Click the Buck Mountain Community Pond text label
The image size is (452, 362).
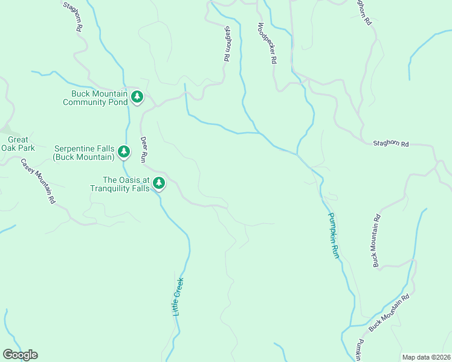click(x=99, y=98)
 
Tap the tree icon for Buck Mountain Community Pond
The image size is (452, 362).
click(x=137, y=97)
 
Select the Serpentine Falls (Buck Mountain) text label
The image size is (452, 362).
click(x=84, y=153)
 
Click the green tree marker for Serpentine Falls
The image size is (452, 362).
click(x=124, y=151)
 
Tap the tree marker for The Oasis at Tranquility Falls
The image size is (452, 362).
click(x=159, y=182)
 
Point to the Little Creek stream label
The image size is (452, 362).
click(x=178, y=296)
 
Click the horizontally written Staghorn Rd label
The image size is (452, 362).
click(x=391, y=144)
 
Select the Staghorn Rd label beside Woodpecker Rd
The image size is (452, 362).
click(x=227, y=43)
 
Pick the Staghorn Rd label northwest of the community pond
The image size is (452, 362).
click(x=72, y=16)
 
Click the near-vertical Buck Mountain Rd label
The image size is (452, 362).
click(x=376, y=241)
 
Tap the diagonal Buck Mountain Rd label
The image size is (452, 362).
click(x=389, y=313)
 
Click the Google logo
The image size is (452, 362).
click(x=20, y=355)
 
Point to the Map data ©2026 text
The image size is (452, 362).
click(x=426, y=357)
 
